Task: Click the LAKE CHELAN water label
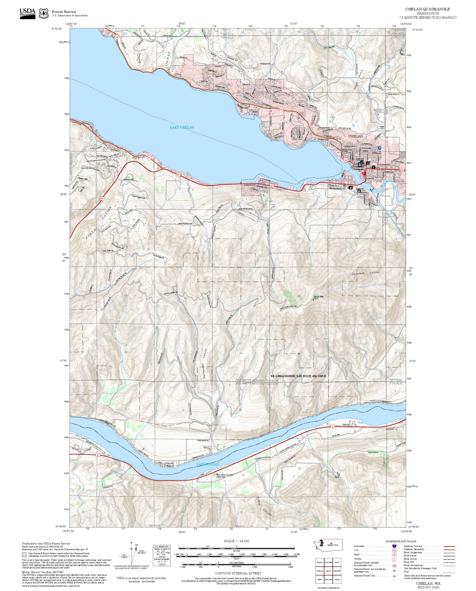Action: click(x=182, y=127)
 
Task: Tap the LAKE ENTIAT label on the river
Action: click(x=207, y=465)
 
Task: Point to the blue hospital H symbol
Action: click(x=379, y=148)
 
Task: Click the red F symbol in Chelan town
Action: click(x=364, y=173)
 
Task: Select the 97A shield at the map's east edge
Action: click(x=401, y=170)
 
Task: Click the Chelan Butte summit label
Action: click(x=318, y=297)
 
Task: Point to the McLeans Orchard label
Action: click(x=225, y=475)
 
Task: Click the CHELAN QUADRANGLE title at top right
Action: click(x=427, y=9)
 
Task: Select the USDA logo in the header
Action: click(x=27, y=13)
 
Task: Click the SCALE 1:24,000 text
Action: click(x=237, y=541)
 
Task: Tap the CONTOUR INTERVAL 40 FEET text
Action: click(x=238, y=573)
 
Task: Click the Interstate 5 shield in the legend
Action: click(x=394, y=546)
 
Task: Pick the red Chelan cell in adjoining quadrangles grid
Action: click(x=328, y=571)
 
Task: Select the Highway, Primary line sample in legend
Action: click(x=449, y=546)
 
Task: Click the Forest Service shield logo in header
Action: click(x=44, y=13)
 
